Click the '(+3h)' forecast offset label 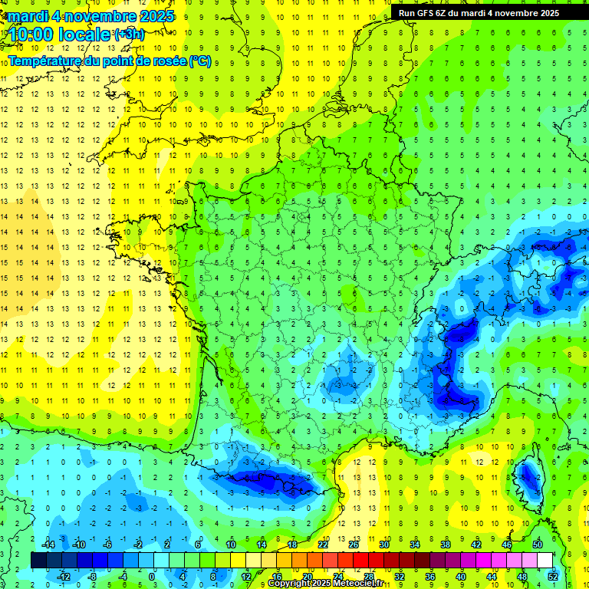128,35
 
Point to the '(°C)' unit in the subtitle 199,61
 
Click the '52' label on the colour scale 553,577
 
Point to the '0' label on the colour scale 152,577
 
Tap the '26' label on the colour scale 354,544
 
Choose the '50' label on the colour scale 538,544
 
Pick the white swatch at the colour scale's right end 545,560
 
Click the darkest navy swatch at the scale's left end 38,560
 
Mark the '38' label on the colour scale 445,544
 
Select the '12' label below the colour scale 245,577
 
